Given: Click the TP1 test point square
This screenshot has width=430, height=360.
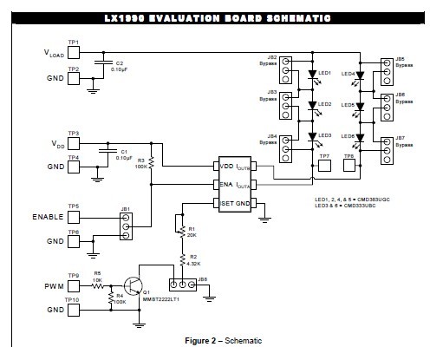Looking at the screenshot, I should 73,51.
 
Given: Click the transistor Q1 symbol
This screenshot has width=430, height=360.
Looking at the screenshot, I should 133,286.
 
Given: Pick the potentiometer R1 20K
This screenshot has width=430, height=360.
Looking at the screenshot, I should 181,231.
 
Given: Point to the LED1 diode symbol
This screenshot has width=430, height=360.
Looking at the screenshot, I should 310,75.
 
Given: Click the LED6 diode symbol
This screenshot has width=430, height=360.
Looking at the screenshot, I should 358,138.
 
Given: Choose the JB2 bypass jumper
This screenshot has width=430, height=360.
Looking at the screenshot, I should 285,67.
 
